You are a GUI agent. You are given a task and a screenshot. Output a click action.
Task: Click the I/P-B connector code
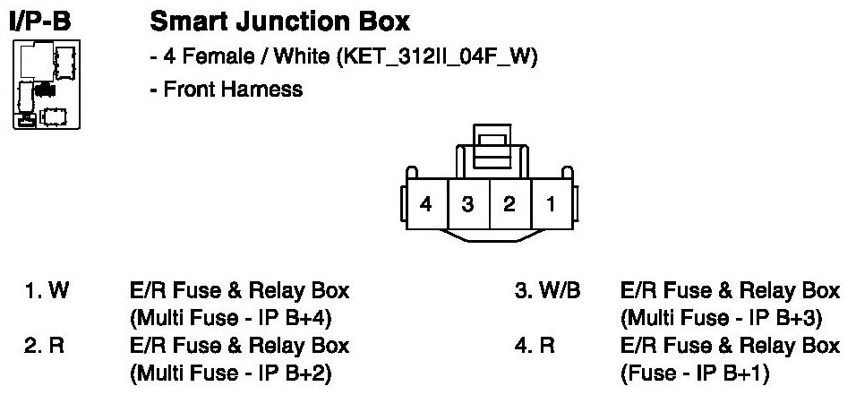tap(39, 21)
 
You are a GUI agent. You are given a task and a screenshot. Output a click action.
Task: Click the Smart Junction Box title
tap(280, 21)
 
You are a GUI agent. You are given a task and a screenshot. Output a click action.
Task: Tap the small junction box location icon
tap(46, 85)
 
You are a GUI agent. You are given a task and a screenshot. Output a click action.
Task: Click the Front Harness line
tap(233, 90)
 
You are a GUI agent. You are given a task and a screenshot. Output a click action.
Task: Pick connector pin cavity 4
tap(426, 204)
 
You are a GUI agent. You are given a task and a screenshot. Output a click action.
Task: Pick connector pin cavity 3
tap(467, 204)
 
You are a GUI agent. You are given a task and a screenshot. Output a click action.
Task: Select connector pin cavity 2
tap(509, 204)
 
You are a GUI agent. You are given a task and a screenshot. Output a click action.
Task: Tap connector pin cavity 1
tap(551, 204)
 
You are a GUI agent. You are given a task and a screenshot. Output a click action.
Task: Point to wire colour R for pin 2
tap(57, 346)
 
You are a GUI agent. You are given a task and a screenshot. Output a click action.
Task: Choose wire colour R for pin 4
tap(547, 346)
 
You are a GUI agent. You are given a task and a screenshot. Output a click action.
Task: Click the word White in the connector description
tap(301, 58)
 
